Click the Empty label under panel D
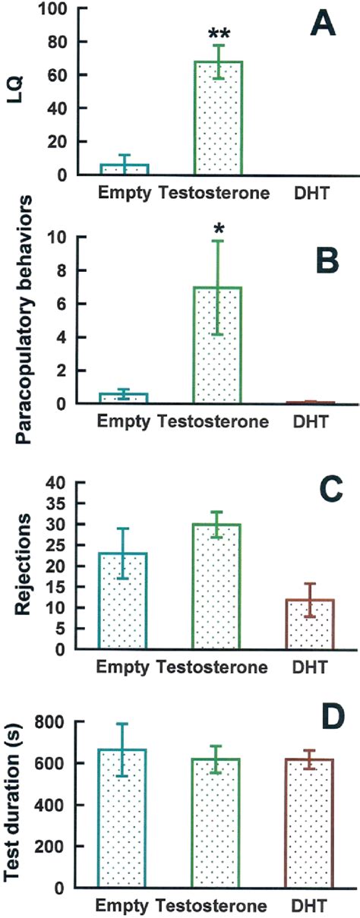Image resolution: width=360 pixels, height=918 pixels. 125,906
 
